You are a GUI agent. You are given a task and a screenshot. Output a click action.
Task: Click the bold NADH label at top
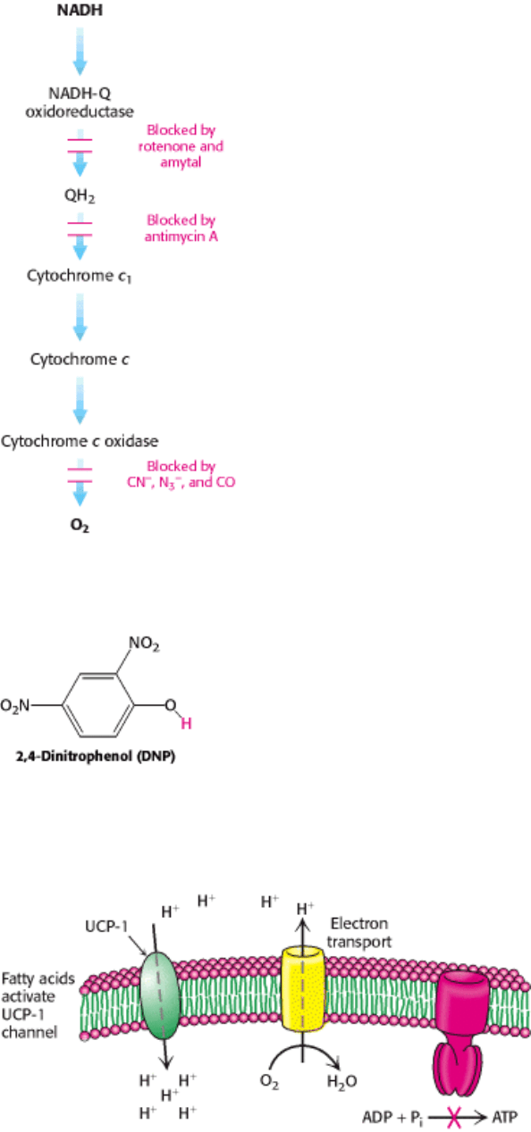[80, 10]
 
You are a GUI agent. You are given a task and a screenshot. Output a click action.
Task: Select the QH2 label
[80, 196]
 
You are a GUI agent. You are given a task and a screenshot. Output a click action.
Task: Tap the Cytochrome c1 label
[79, 276]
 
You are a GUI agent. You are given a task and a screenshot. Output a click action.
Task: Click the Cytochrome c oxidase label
[80, 441]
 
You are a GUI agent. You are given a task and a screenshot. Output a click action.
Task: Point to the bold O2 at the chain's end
[80, 526]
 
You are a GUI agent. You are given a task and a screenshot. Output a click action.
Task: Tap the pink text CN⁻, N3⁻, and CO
[181, 482]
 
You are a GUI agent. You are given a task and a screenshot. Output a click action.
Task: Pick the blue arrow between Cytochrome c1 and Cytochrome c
[80, 317]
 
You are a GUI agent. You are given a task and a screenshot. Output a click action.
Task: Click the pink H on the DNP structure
[186, 724]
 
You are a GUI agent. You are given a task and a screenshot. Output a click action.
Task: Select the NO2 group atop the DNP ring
[144, 644]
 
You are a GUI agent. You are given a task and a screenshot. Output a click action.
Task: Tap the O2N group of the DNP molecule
[15, 705]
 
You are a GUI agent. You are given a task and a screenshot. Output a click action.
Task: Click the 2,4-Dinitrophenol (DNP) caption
[96, 756]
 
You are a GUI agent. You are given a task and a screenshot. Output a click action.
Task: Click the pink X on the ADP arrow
[454, 1117]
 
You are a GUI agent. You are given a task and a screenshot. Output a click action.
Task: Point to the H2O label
[341, 1082]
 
